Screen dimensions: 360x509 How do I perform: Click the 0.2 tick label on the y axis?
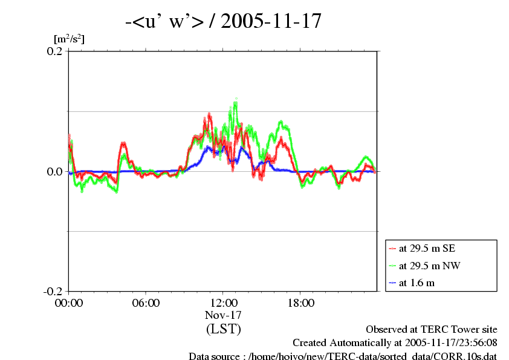click(55, 51)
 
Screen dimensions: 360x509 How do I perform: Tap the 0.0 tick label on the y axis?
click(55, 172)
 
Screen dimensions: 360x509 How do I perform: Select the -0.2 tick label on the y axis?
click(53, 292)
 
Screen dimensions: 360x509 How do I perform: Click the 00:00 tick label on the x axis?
click(68, 303)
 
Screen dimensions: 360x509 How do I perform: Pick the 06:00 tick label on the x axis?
click(146, 303)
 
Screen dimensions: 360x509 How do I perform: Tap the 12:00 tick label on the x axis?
click(223, 303)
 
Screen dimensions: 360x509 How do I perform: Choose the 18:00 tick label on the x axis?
click(300, 303)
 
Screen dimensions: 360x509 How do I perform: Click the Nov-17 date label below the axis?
click(223, 315)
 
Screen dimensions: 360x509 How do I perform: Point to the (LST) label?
click(223, 330)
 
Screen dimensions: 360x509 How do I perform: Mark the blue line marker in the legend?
click(392, 283)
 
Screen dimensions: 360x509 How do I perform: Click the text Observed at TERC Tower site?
click(432, 330)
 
